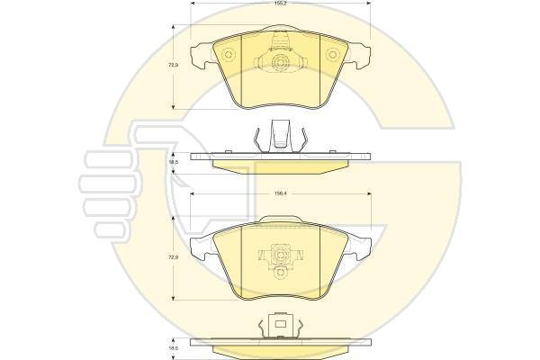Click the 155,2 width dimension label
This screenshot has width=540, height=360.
[282, 4]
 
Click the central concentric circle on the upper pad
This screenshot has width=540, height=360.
[282, 64]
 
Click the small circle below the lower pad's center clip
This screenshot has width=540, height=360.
[282, 270]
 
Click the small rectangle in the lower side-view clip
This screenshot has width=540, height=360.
[282, 319]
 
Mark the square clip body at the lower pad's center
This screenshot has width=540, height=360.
[282, 253]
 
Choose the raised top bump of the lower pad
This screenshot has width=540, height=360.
[282, 220]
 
